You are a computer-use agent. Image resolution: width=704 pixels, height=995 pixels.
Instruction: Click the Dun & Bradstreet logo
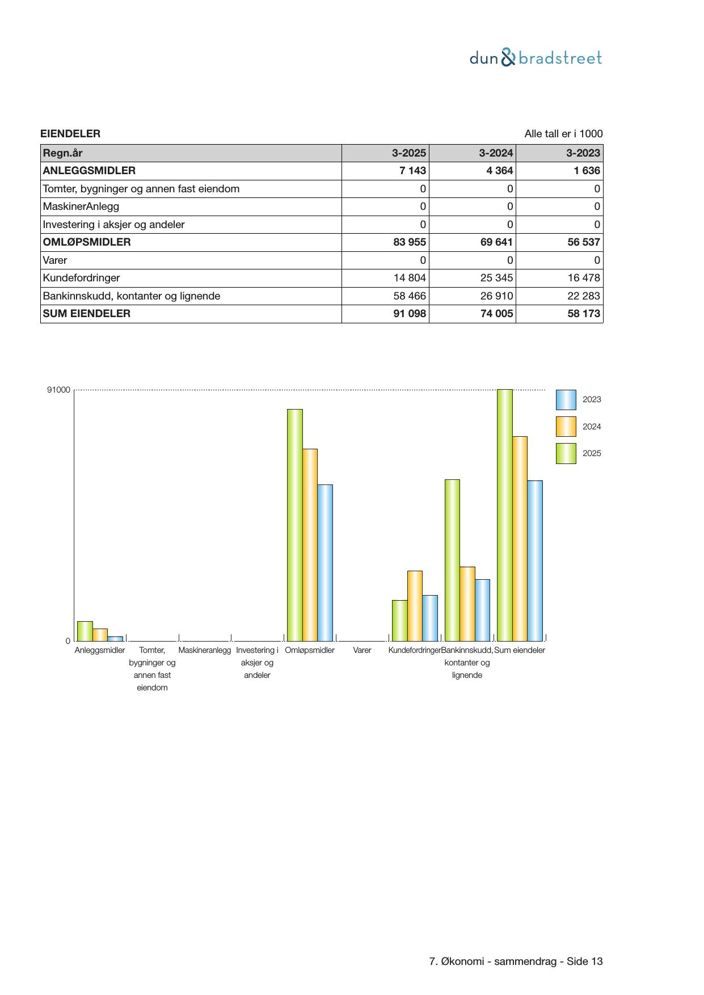click(536, 58)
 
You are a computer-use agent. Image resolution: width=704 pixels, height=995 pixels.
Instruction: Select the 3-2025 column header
click(408, 153)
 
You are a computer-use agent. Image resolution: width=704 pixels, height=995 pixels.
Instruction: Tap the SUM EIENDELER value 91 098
click(410, 314)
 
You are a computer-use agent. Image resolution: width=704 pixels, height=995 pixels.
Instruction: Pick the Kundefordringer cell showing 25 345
click(496, 278)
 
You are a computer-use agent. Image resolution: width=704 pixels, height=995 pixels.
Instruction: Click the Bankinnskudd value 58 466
click(410, 296)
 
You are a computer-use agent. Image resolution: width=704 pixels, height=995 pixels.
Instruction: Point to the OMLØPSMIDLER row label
click(87, 242)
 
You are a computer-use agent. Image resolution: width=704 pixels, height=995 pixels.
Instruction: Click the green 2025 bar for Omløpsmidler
click(295, 525)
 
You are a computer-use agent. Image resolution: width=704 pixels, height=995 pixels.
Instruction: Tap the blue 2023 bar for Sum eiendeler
click(535, 560)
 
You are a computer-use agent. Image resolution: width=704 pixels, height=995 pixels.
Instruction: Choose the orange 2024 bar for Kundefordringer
click(415, 605)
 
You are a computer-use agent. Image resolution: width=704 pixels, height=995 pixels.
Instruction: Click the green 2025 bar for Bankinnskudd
click(452, 560)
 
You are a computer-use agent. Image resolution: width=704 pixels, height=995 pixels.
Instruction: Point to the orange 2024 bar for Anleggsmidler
click(100, 634)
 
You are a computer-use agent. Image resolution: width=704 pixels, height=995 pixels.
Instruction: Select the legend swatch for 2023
click(566, 400)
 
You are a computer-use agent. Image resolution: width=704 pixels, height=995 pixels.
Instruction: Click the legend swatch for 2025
click(566, 454)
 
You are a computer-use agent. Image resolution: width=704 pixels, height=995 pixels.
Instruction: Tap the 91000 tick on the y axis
click(58, 390)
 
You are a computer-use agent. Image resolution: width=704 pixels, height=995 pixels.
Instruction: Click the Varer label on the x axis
click(362, 651)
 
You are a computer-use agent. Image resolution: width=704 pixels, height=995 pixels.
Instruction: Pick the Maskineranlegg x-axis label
click(205, 651)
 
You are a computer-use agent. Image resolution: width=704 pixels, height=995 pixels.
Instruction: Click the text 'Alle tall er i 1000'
click(563, 134)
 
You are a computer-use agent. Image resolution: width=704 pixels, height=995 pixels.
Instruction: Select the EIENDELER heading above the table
click(70, 134)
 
